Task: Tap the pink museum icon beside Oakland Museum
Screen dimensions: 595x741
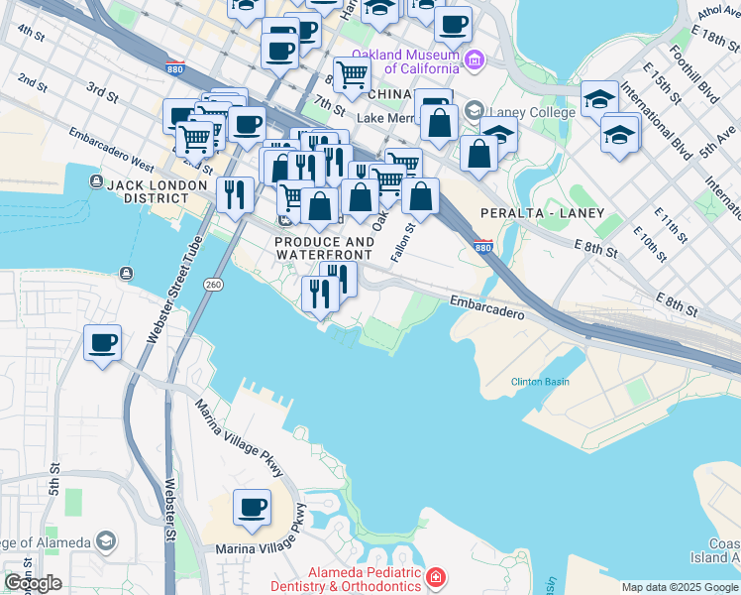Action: coord(475,61)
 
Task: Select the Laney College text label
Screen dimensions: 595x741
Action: coord(533,112)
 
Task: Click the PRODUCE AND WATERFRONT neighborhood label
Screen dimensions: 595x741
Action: coord(324,248)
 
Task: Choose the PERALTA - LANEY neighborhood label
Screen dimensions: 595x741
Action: coord(536,213)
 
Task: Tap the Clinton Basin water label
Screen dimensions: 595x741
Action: coord(540,382)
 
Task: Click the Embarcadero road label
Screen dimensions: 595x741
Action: coord(485,304)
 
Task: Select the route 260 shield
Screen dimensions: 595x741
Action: coord(214,285)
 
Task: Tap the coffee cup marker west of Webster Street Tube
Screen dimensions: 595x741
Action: coord(103,343)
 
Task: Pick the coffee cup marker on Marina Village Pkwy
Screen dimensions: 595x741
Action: coord(252,507)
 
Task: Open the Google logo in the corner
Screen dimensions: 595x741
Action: coord(33,583)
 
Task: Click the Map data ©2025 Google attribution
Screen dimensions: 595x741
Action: coord(679,588)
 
